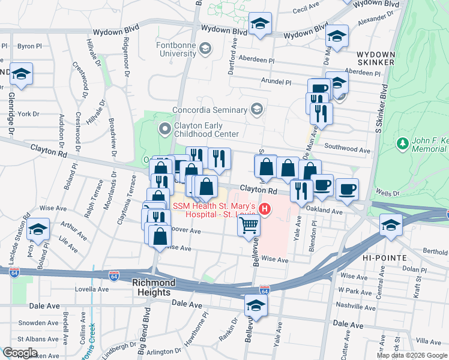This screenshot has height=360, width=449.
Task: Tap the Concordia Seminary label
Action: coord(209,110)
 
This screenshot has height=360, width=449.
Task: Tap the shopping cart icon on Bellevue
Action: coord(249,227)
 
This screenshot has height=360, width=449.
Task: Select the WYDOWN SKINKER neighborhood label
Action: coord(375,58)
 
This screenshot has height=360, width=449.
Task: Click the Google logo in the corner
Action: coord(20,352)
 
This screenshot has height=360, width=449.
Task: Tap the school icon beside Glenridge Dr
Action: coord(22,74)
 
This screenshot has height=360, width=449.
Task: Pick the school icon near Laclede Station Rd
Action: coord(38,230)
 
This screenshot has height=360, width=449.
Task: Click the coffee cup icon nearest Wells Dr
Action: coord(347,190)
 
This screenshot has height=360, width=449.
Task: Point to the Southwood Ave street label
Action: coord(347,148)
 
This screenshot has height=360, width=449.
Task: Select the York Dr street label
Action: coord(28,113)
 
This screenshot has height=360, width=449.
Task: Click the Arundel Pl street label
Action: coord(276,82)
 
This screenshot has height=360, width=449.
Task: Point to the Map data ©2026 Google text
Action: coord(412,355)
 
